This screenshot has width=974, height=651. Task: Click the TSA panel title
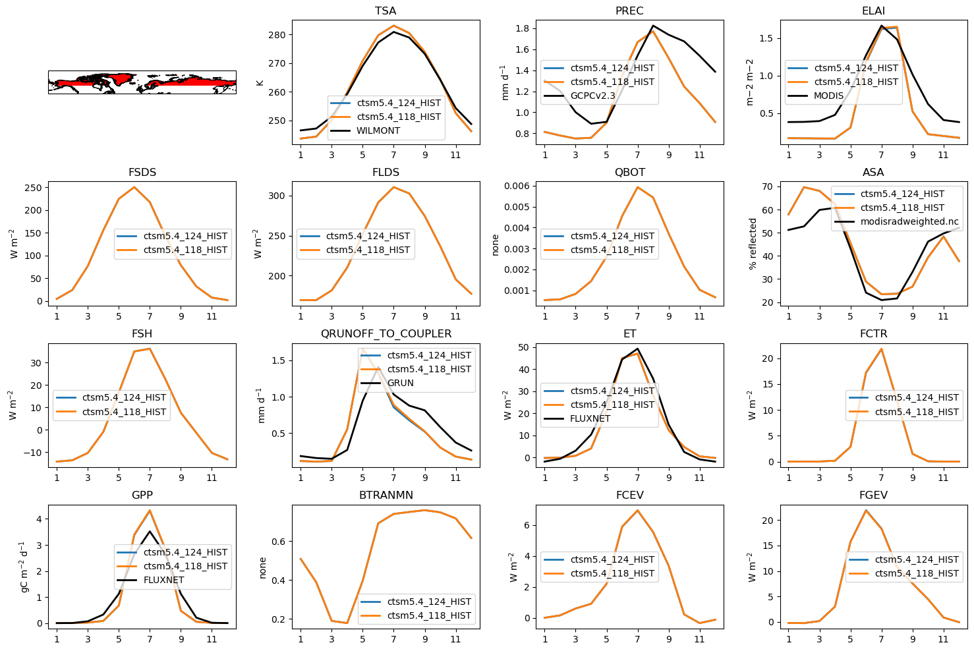[386, 11]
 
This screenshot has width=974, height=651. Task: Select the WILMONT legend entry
[378, 130]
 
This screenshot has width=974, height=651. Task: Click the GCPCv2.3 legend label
[592, 96]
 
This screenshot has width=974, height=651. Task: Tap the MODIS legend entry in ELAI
[828, 96]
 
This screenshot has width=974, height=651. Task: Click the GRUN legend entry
[400, 383]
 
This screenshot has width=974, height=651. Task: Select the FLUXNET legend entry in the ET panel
[590, 418]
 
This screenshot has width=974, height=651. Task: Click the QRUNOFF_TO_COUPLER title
[386, 334]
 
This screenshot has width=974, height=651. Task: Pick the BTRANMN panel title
[386, 495]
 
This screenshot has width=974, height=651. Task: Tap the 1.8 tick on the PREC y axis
[523, 28]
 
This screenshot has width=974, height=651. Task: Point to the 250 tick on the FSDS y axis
[34, 188]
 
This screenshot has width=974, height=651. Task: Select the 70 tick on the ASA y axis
[767, 187]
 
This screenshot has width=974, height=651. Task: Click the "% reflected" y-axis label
[753, 244]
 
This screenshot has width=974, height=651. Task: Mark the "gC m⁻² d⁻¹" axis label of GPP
[25, 567]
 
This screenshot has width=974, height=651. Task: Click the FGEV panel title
[874, 495]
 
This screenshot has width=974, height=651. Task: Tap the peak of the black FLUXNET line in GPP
[150, 531]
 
